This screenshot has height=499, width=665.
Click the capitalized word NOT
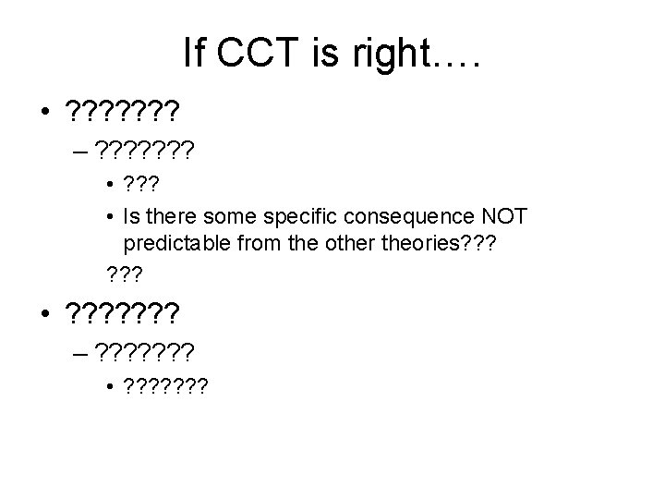[x=503, y=216]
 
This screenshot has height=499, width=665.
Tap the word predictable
[x=177, y=242]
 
